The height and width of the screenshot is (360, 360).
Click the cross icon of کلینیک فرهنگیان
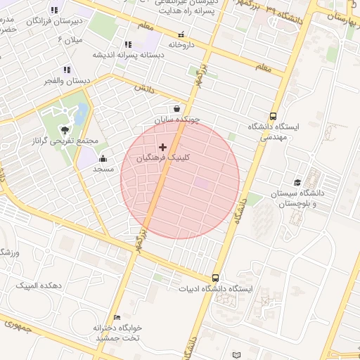tap(163, 147)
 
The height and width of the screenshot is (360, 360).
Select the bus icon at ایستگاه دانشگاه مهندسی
tap(273, 117)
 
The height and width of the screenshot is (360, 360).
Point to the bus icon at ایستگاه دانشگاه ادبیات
tap(215, 278)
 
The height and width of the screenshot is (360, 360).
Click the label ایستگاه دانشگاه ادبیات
tap(217, 289)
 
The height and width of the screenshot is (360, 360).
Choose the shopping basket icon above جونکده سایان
tap(176, 108)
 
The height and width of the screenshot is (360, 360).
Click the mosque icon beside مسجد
tap(103, 158)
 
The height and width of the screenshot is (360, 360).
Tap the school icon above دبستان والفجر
tap(67, 70)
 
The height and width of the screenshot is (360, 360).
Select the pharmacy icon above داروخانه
tap(182, 34)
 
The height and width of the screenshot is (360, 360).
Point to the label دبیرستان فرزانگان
tap(53, 22)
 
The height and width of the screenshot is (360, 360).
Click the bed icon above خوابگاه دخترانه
tap(117, 318)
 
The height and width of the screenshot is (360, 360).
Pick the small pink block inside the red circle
tap(202, 183)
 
